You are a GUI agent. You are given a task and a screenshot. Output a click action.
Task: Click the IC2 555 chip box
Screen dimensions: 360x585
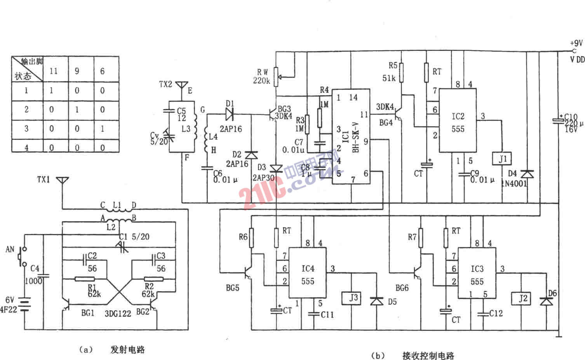coord(458,121)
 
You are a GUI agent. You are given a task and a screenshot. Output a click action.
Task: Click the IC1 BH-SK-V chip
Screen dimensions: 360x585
coord(351,136)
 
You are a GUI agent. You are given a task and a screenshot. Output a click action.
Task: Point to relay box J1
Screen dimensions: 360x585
coord(503,159)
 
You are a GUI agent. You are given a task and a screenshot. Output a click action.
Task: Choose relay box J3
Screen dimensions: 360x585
coord(353,298)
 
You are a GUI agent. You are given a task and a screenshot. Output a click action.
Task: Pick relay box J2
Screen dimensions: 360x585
coord(523,298)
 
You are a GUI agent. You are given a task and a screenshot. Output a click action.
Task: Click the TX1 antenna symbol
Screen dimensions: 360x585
coord(62,181)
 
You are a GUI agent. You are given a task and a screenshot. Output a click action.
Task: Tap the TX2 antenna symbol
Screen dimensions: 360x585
coord(182,85)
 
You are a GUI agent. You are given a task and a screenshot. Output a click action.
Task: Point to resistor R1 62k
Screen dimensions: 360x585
coord(84,279)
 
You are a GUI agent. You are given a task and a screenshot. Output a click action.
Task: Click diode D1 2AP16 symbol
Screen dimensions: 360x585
coord(230,114)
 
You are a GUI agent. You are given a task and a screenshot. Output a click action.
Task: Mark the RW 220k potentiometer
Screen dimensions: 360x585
coord(276,77)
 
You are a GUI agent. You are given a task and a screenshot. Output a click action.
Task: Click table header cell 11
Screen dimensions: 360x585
coord(54,71)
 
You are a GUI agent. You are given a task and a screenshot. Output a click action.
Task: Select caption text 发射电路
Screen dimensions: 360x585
coord(127,350)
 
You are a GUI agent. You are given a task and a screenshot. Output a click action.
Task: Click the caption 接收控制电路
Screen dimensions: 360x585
coord(428,355)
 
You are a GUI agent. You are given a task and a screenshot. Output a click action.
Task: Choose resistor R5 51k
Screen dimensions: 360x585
coord(402,73)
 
